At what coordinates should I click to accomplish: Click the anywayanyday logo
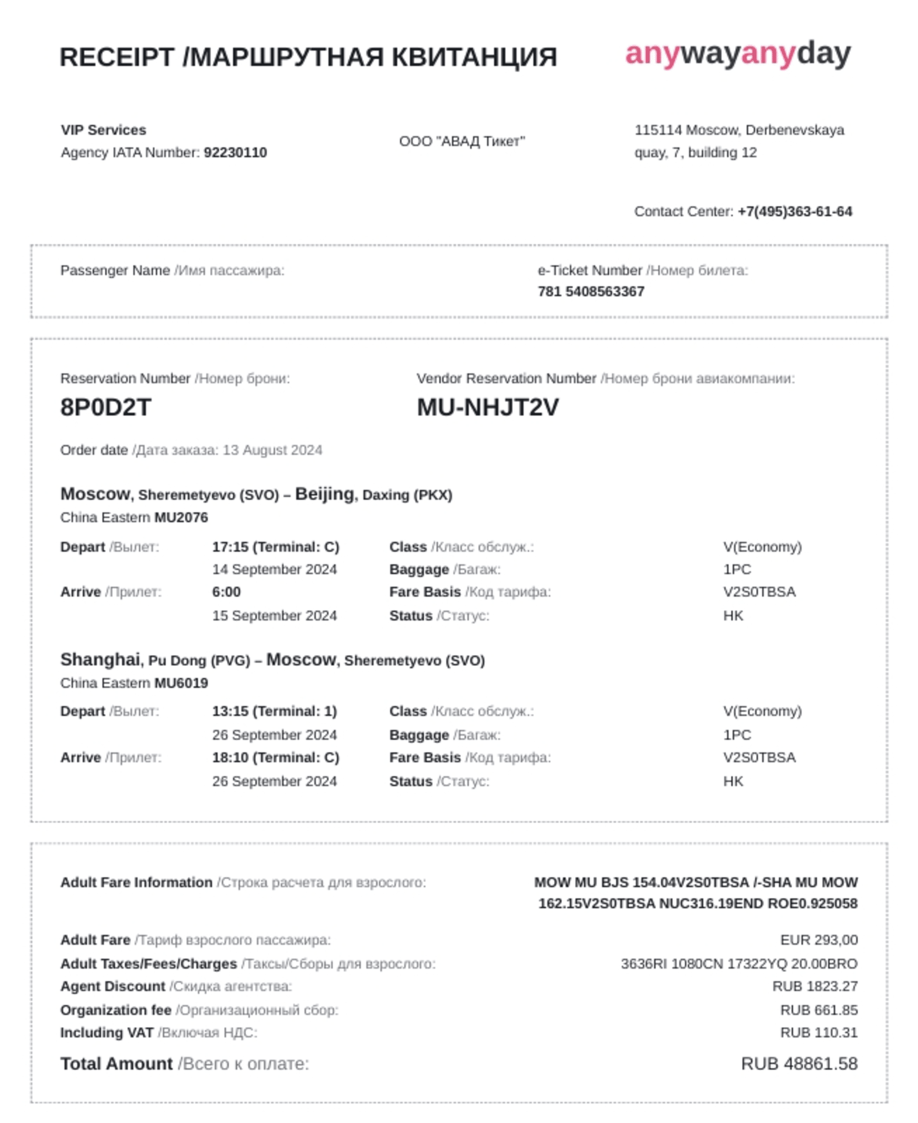pyautogui.click(x=738, y=54)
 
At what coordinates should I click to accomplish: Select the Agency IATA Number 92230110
pyautogui.click(x=235, y=153)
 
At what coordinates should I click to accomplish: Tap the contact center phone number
pyautogui.click(x=795, y=211)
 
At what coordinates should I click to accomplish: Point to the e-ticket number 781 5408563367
pyautogui.click(x=590, y=291)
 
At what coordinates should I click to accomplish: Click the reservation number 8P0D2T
pyautogui.click(x=106, y=407)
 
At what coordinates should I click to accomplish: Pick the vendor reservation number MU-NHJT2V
pyautogui.click(x=488, y=407)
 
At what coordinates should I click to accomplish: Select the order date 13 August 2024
pyautogui.click(x=273, y=450)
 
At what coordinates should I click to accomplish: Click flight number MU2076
pyautogui.click(x=181, y=517)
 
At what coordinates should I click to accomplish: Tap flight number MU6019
pyautogui.click(x=181, y=683)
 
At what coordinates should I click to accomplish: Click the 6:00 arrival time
pyautogui.click(x=226, y=592)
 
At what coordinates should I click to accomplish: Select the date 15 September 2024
pyautogui.click(x=274, y=616)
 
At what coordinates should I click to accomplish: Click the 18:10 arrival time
pyautogui.click(x=275, y=758)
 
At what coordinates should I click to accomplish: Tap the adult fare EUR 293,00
pyautogui.click(x=819, y=940)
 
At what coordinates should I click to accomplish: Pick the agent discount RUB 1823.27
pyautogui.click(x=815, y=987)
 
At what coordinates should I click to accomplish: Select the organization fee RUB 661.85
pyautogui.click(x=819, y=1010)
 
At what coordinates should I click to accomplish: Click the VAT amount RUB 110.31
pyautogui.click(x=819, y=1033)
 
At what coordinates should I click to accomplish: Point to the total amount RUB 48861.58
pyautogui.click(x=799, y=1064)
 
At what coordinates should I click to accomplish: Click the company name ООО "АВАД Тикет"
pyautogui.click(x=462, y=141)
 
